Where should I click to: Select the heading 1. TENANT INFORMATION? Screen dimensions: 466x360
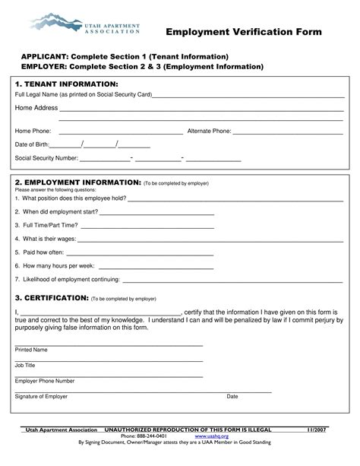click(66, 83)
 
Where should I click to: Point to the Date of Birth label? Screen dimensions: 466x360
click(32, 144)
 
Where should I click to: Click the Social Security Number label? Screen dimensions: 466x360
click(46, 158)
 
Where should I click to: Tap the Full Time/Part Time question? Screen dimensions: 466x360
click(46, 225)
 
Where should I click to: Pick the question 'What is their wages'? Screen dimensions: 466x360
click(45, 239)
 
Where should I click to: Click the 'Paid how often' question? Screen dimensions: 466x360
click(39, 252)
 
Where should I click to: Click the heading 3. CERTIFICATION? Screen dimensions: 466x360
click(52, 298)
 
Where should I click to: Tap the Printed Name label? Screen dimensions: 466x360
click(31, 350)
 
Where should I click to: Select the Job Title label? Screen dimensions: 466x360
click(25, 365)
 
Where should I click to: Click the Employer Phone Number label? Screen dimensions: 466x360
click(45, 381)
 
